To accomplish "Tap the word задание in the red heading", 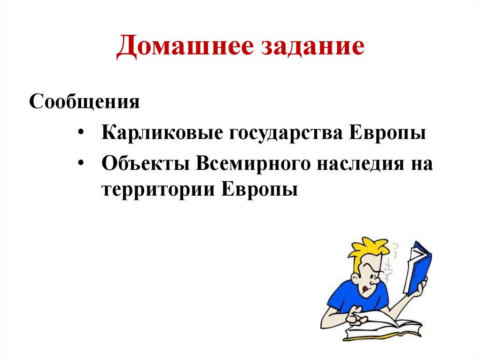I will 310,49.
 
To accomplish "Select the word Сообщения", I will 85,102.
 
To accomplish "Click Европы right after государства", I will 387,134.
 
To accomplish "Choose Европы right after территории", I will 259,191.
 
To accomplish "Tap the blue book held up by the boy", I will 419,268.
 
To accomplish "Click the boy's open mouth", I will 363,288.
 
